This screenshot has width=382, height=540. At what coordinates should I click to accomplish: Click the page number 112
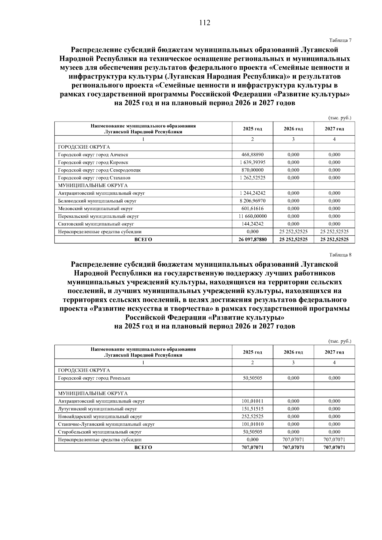204,23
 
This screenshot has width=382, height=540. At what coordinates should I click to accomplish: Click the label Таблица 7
340,40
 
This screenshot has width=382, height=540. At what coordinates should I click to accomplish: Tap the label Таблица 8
340,255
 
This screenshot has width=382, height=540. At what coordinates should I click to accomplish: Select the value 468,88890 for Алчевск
252,155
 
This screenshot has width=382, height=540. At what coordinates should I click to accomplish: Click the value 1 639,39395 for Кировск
252,162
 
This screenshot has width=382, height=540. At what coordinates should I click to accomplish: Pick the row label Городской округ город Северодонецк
99,170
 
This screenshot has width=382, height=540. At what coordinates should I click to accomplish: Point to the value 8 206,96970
252,201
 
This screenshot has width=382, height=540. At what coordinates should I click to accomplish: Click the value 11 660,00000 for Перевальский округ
252,216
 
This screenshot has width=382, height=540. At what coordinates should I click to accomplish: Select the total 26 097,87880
252,240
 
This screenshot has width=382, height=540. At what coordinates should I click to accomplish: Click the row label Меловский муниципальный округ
95,209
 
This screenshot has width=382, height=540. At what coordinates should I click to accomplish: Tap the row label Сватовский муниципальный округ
96,224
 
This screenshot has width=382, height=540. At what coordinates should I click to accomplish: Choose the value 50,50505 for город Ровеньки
252,378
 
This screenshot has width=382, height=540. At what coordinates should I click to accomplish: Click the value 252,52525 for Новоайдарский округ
252,417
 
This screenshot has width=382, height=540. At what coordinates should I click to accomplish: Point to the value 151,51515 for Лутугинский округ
252,409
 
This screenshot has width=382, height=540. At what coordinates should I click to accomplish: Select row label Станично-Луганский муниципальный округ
106,424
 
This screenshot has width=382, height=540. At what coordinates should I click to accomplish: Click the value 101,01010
252,424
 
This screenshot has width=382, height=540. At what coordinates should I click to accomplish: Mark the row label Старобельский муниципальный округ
100,432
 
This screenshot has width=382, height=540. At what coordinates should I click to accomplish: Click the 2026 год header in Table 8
293,352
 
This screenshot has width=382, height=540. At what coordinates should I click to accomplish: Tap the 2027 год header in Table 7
334,129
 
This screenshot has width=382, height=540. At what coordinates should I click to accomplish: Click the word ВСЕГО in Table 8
143,447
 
